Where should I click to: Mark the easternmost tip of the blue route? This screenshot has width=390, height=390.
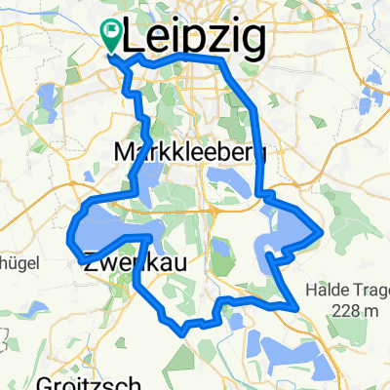321,233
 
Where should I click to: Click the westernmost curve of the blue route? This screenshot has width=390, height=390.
69,237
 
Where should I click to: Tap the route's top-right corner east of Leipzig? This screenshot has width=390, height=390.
226,60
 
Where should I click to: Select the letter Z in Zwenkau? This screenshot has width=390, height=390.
91,262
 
